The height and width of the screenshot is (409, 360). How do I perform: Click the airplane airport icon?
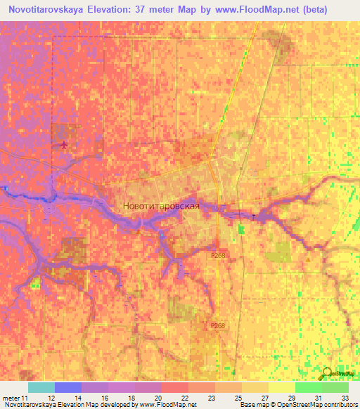click(x=65, y=145)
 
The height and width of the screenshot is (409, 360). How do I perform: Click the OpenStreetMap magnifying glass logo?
click(x=328, y=374)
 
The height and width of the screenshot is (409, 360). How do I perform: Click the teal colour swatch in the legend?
click(x=41, y=387)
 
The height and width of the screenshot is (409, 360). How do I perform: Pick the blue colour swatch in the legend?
click(x=67, y=387)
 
